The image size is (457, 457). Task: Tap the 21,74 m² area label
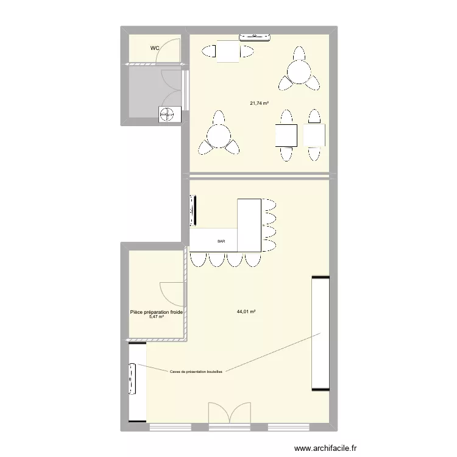(x=260, y=103)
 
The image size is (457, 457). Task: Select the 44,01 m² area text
(x=246, y=311)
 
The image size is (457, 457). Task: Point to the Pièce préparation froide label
(x=157, y=312)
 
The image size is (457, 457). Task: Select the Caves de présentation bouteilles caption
(x=196, y=370)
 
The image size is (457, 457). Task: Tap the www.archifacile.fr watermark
(x=326, y=448)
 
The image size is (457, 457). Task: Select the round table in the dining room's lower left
(x=218, y=135)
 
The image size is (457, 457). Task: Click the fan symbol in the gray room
(x=166, y=113)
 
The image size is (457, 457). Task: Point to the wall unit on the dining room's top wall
(x=255, y=37)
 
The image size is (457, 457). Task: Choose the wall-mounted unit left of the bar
(x=194, y=210)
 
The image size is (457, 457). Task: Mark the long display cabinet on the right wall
(x=321, y=333)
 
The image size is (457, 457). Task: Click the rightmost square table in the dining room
(x=314, y=135)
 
